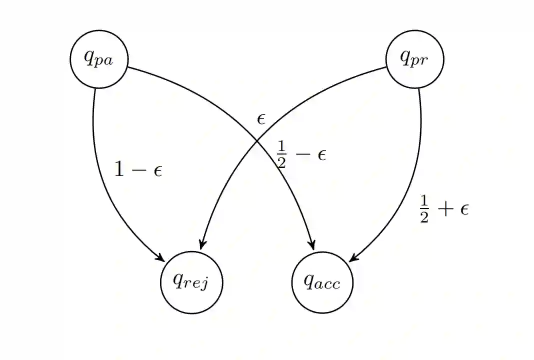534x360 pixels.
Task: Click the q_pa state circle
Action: point(99,59)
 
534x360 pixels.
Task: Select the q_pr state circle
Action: point(414,59)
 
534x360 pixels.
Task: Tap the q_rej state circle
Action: point(191,282)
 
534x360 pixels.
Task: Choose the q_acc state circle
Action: point(322,282)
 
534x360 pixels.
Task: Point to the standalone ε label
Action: point(261,119)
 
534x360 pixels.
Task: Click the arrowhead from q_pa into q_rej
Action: point(161,258)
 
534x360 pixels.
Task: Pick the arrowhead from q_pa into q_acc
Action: point(312,245)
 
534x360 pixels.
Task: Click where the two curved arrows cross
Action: point(257,140)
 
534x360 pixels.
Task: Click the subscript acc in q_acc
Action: point(329,285)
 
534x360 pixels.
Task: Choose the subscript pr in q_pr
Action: point(421,62)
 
